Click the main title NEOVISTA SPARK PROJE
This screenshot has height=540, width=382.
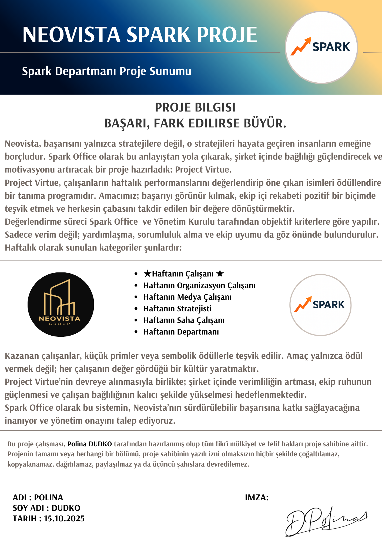click(x=140, y=35)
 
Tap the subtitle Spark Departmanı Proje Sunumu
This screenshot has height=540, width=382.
click(x=106, y=71)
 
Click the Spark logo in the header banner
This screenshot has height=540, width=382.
click(x=321, y=47)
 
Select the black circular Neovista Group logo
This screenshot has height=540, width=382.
click(x=61, y=304)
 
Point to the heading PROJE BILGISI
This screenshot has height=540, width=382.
click(x=195, y=107)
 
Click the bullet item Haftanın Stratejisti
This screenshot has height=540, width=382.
click(x=177, y=309)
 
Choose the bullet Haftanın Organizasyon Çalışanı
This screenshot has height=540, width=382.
click(x=199, y=285)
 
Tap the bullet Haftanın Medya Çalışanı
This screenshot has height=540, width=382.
click(x=187, y=297)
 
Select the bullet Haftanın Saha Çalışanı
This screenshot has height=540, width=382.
click(x=184, y=320)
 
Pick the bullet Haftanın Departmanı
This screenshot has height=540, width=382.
click(x=181, y=332)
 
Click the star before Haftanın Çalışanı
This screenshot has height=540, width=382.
click(x=148, y=274)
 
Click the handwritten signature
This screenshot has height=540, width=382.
click(x=326, y=521)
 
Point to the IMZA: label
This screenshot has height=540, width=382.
click(x=257, y=498)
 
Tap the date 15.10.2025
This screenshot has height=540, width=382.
click(x=64, y=519)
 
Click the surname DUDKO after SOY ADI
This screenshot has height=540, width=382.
click(x=66, y=508)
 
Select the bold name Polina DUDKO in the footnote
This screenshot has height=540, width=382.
click(x=90, y=444)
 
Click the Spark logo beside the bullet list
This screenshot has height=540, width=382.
click(x=320, y=305)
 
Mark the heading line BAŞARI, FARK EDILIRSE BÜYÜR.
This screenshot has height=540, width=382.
click(x=195, y=123)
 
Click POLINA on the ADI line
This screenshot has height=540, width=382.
click(x=49, y=498)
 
